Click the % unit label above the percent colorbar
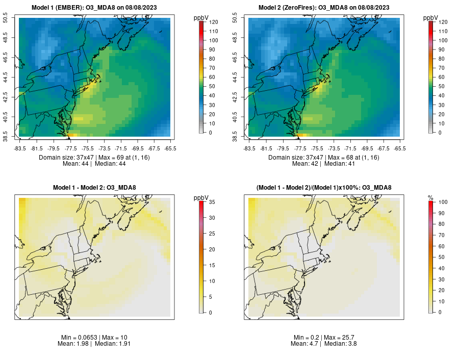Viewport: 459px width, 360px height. [430, 197]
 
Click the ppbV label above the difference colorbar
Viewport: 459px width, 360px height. [201, 197]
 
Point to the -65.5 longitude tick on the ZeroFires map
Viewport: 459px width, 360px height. [400, 148]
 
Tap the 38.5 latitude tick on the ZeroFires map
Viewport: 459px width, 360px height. [236, 136]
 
